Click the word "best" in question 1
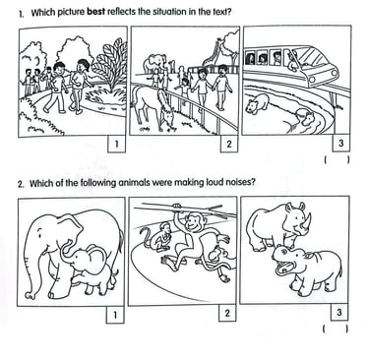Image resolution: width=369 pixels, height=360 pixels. (x=96, y=12)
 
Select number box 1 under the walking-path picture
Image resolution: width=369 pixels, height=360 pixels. (x=116, y=144)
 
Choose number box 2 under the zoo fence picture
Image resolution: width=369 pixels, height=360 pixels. (x=229, y=144)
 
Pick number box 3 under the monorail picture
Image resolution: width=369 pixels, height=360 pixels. (x=341, y=144)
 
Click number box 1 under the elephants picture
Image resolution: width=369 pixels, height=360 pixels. (x=115, y=315)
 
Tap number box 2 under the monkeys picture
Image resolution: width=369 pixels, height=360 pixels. (x=227, y=314)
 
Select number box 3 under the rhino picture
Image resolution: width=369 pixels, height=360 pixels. (x=339, y=313)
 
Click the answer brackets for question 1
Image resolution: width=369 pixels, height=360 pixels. (x=337, y=160)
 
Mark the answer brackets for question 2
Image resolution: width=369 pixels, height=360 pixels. (x=336, y=329)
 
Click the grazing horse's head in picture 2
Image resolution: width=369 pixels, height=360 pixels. (x=166, y=115)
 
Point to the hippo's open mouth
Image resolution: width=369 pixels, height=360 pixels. (x=283, y=269)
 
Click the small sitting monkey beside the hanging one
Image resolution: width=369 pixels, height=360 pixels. (x=163, y=237)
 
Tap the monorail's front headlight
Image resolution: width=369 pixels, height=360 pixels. (x=313, y=80)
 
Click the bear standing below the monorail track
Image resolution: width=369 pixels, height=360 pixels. (x=258, y=103)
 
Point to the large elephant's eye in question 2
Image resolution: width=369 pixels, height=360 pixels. (x=40, y=234)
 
